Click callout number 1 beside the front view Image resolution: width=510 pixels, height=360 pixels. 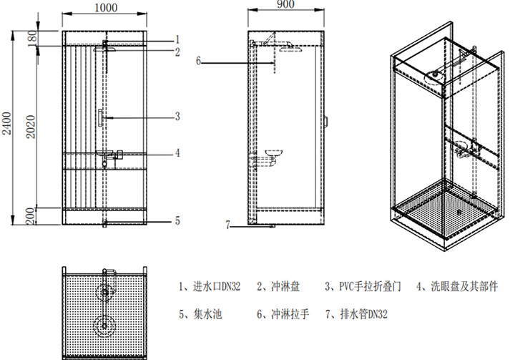(177, 39)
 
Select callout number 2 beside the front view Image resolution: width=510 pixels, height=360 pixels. (177, 52)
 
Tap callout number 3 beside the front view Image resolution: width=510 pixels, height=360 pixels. (177, 116)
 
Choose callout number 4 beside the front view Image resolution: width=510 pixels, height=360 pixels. (177, 152)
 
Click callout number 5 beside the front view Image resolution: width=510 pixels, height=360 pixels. (177, 221)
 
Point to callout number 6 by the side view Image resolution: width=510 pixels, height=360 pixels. (199, 62)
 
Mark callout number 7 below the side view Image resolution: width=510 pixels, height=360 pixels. (228, 225)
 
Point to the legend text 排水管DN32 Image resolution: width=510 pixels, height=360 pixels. (361, 313)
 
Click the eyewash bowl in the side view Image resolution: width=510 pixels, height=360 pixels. (275, 153)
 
